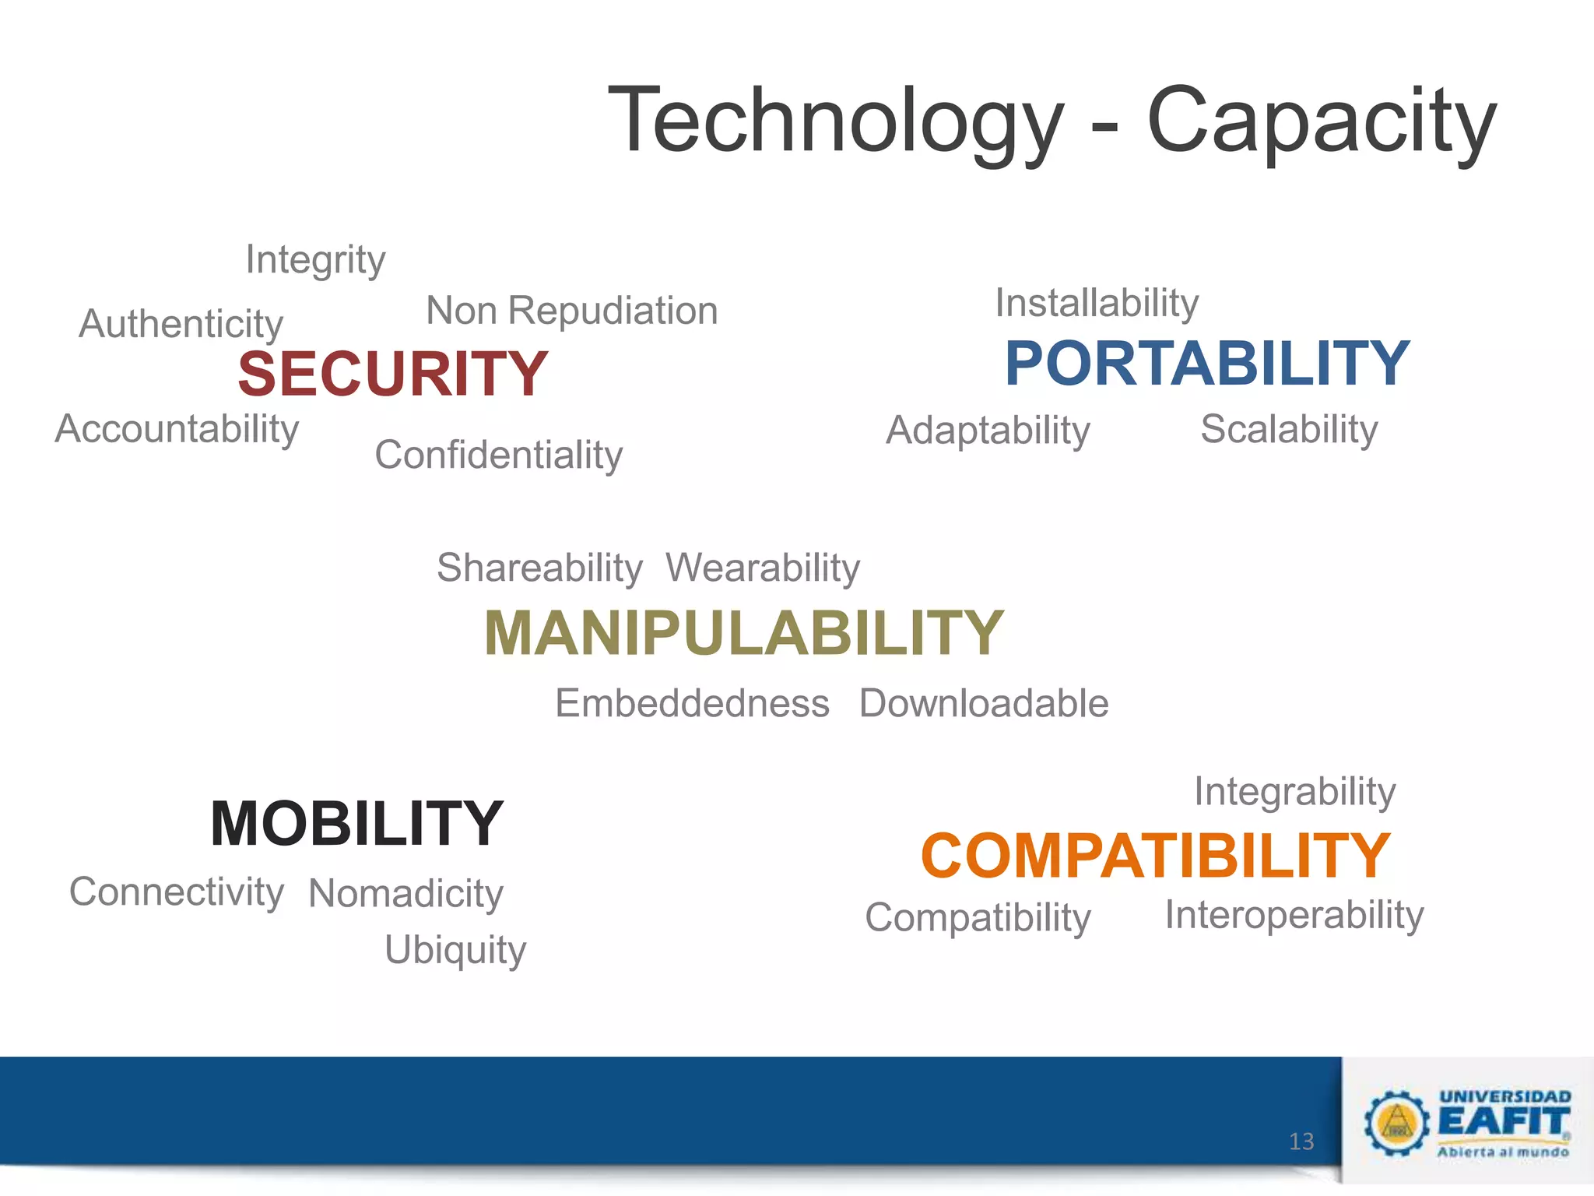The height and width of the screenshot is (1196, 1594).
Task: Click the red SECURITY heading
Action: (x=393, y=374)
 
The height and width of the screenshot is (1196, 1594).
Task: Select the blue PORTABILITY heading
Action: (x=1206, y=364)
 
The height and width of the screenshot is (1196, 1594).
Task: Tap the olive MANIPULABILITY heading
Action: (x=743, y=633)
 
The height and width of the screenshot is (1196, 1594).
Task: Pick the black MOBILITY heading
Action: (x=357, y=823)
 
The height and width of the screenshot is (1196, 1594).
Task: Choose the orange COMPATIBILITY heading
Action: (x=1155, y=855)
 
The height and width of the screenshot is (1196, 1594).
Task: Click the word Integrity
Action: (x=315, y=259)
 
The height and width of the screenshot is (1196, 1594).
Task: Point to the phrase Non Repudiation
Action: (x=571, y=311)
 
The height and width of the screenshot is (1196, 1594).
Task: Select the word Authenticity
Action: (x=181, y=324)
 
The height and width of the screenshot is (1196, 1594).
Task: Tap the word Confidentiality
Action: (x=498, y=455)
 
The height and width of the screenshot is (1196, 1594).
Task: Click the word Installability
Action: (x=1097, y=303)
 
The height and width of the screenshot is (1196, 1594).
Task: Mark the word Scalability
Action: (x=1289, y=429)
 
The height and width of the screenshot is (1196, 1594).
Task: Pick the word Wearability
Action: (x=763, y=567)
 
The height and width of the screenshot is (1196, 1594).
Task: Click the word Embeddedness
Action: (x=692, y=703)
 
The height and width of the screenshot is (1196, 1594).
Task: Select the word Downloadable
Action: (x=984, y=703)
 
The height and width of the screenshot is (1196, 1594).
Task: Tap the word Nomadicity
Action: (x=406, y=893)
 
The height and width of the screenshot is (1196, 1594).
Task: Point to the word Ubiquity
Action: (x=455, y=950)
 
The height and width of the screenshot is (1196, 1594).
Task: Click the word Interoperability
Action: (x=1294, y=915)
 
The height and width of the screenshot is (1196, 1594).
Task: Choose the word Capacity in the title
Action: (x=1321, y=121)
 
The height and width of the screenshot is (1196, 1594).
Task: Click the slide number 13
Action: (x=1301, y=1141)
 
